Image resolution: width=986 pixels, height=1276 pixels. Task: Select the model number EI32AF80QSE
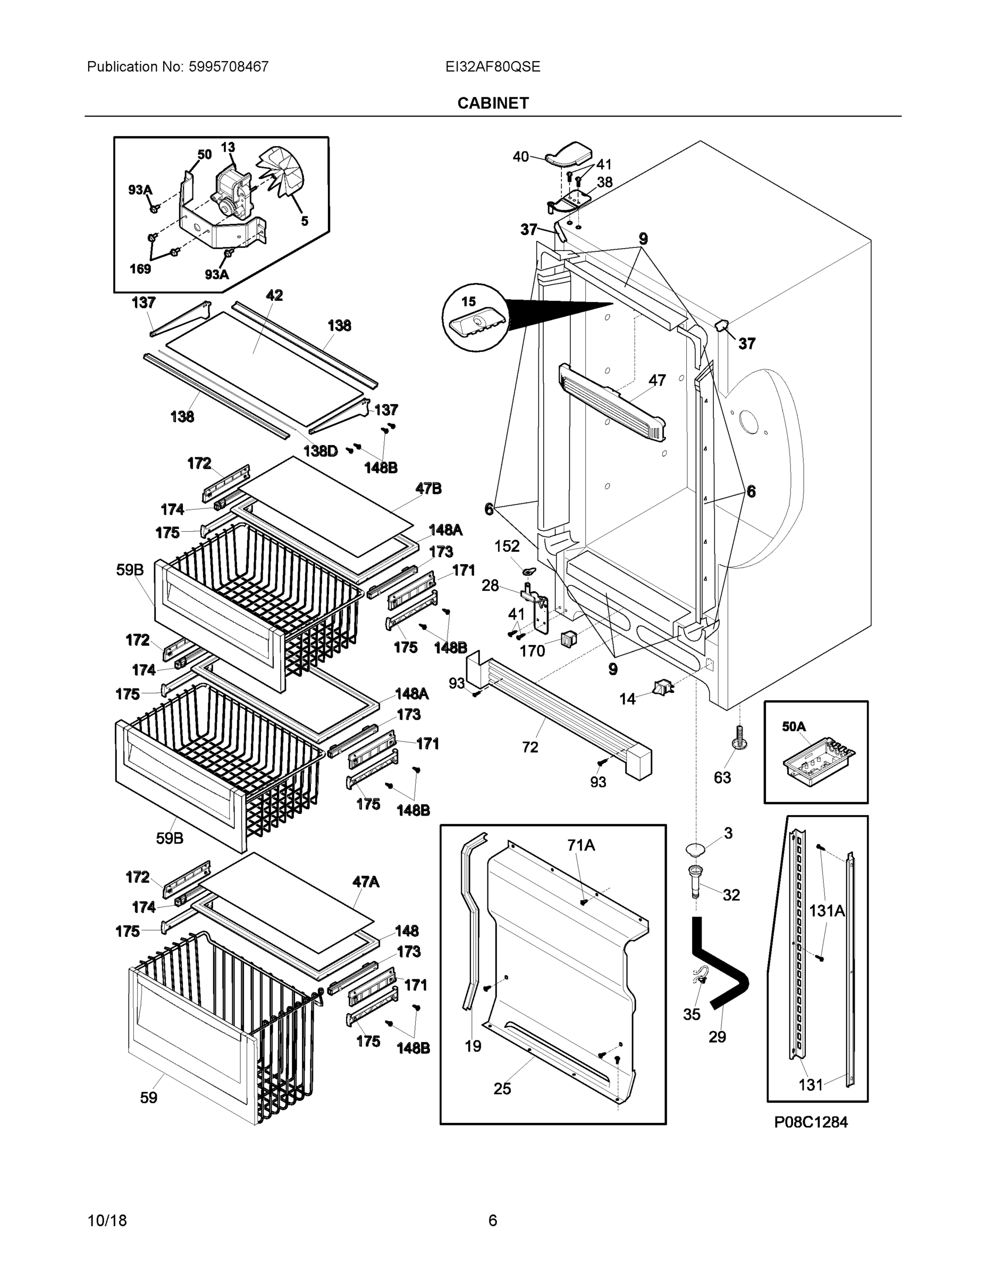(492, 66)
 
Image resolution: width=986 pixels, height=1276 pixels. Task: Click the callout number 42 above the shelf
(274, 295)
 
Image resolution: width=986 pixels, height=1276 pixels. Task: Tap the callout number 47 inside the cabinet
(656, 380)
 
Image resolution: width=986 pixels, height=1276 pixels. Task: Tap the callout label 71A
(580, 845)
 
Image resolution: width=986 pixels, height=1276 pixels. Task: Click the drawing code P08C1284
(811, 1122)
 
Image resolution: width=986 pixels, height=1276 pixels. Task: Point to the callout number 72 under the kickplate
(530, 747)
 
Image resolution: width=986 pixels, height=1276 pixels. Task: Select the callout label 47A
(366, 882)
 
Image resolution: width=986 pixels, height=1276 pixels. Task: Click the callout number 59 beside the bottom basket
(148, 1098)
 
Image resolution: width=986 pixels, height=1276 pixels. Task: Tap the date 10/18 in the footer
(107, 1220)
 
